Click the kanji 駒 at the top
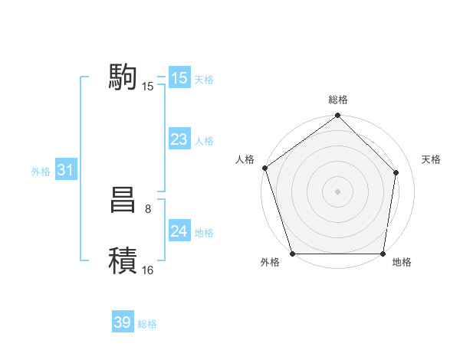[x=123, y=77]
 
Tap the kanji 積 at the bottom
[x=123, y=260]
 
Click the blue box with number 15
[x=179, y=78]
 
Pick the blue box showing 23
[x=179, y=139]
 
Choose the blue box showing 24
[x=179, y=231]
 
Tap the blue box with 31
[x=64, y=170]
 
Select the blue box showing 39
[x=122, y=322]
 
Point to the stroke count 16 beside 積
[x=148, y=270]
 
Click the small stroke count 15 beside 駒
[x=148, y=87]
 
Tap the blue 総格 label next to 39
[x=147, y=324]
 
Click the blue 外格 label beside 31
[x=41, y=172]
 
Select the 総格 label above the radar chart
[x=337, y=100]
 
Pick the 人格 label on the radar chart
[x=245, y=159]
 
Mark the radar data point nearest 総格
[x=337, y=116]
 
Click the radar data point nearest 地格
[x=383, y=254]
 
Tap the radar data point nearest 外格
[x=292, y=254]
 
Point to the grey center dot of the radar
[x=337, y=191]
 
